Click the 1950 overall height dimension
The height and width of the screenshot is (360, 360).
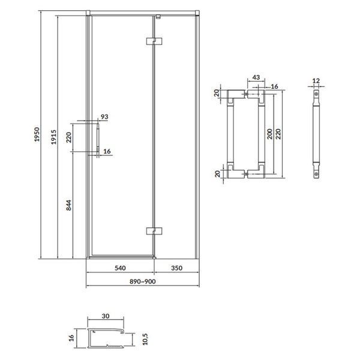tap(37, 134)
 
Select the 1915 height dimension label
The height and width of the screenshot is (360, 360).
tap(54, 137)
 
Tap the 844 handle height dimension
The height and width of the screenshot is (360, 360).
tap(68, 205)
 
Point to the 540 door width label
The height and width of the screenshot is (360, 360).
tap(120, 268)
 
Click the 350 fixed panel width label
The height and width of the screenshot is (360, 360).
tap(176, 268)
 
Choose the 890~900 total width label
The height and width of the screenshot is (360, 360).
tap(142, 281)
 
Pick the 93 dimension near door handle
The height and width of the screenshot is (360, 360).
tap(104, 116)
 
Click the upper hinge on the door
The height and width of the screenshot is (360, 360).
tap(154, 41)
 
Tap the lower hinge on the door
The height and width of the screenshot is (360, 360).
tap(154, 231)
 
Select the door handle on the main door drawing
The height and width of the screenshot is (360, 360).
tap(98, 138)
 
